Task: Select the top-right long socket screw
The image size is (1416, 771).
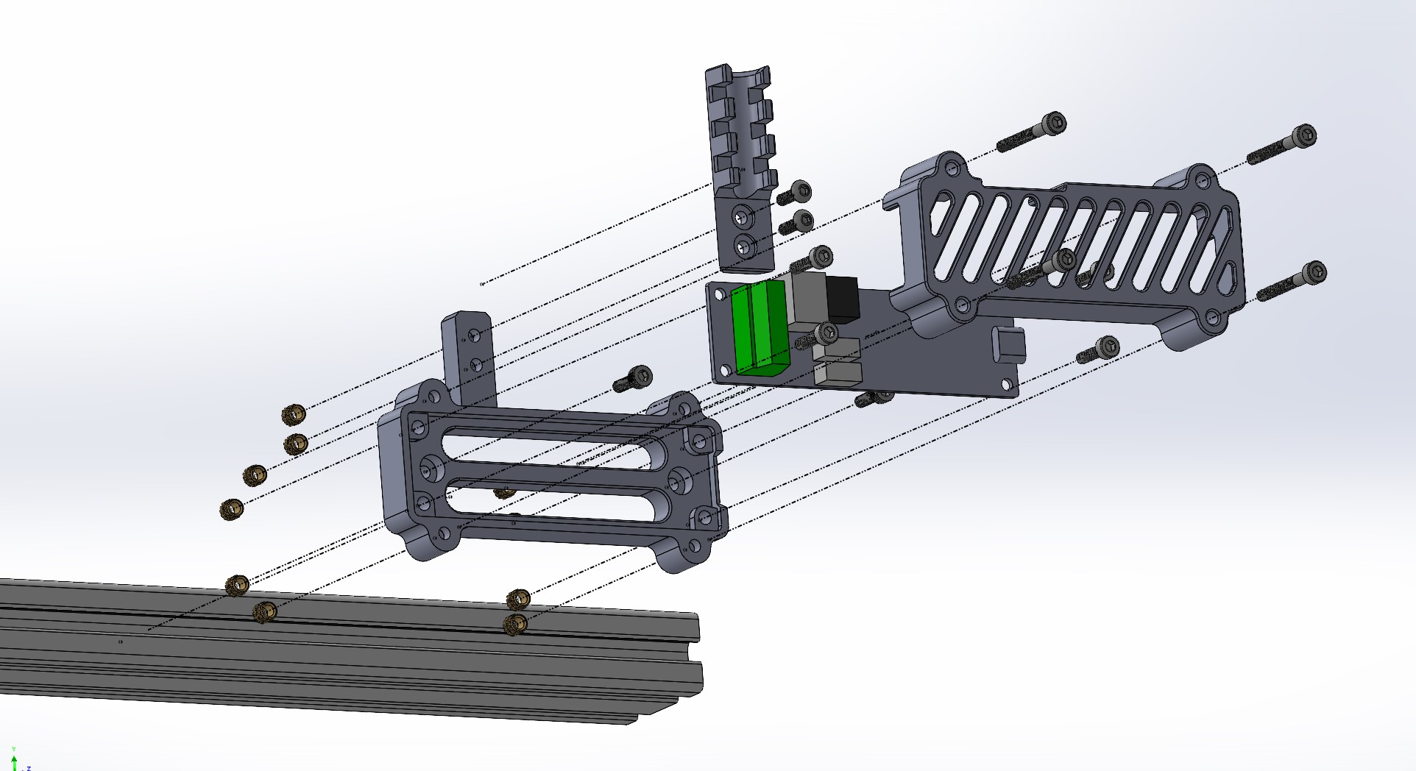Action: tap(1284, 146)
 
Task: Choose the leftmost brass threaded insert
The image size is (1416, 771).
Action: tap(232, 509)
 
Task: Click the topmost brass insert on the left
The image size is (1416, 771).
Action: tap(294, 414)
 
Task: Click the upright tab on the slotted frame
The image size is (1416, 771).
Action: tap(467, 353)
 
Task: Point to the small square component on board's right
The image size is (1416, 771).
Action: tap(1008, 344)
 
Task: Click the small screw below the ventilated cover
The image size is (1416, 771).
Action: tap(1099, 350)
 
